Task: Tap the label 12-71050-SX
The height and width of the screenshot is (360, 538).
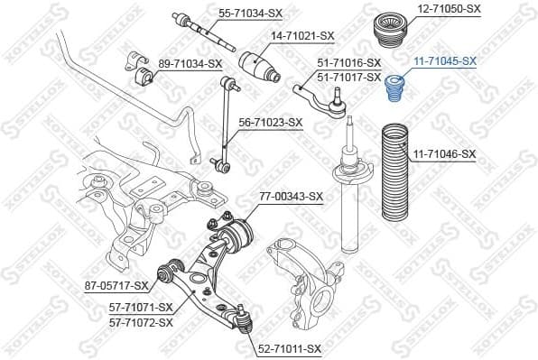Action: coord(449,8)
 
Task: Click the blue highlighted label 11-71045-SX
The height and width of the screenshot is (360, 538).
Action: coord(444,61)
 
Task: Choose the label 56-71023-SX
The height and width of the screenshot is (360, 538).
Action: coord(270,122)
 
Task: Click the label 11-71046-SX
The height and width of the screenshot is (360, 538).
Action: coord(444,154)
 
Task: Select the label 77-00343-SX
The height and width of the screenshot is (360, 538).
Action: coord(291,196)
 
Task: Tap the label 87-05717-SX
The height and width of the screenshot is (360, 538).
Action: coord(116,286)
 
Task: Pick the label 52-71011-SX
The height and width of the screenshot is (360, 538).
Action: coord(289,348)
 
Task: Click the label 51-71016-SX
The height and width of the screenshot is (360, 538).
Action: coord(348,63)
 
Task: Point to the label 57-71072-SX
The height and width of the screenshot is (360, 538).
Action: coord(140,321)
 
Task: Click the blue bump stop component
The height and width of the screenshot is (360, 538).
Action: coord(394,90)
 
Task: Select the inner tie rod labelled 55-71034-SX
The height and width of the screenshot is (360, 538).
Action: coord(200,32)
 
